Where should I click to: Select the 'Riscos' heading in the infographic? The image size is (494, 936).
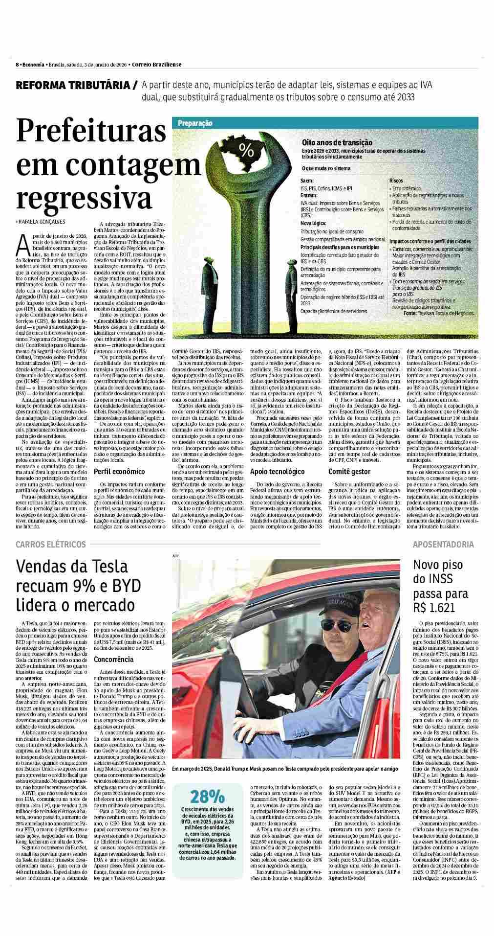coord(396,181)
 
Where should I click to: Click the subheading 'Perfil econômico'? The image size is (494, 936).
coord(119,472)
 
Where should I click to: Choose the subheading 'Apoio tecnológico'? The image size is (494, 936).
coord(277,472)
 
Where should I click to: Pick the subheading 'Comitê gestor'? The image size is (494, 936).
coord(349,472)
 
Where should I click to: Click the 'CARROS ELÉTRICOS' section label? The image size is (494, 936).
coord(51,544)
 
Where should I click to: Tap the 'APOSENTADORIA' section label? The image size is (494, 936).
coord(443,544)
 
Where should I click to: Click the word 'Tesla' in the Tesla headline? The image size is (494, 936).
coord(97,567)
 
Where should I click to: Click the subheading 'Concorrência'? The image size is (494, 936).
coord(113,659)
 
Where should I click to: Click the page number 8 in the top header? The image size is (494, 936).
coord(17,64)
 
